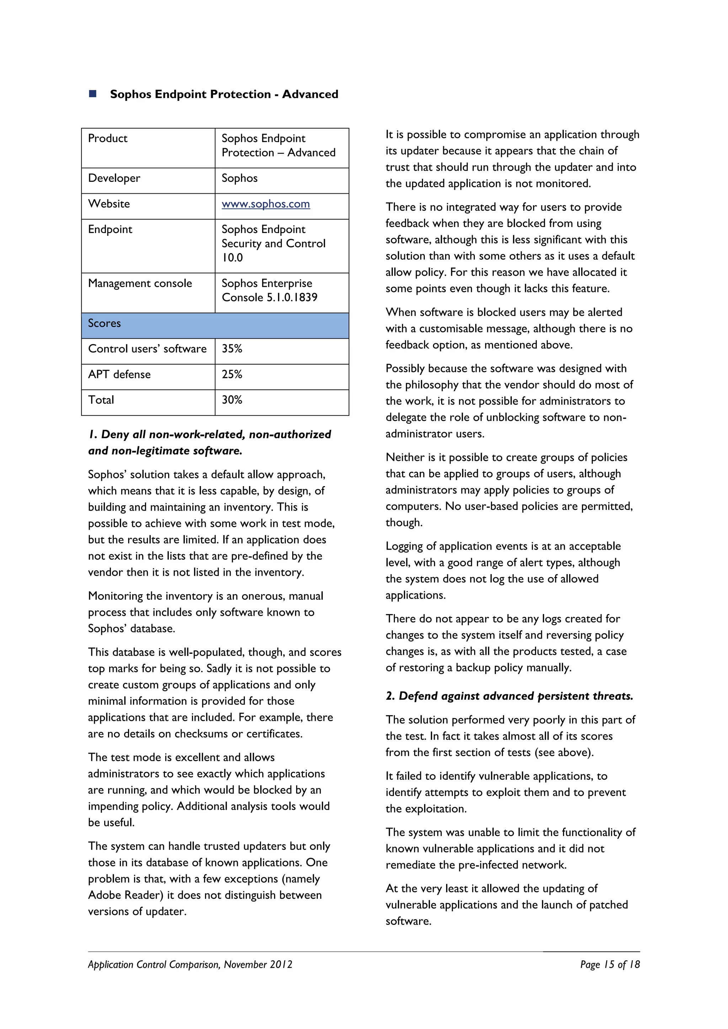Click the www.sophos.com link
point(266,204)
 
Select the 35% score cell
point(232,349)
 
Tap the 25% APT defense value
point(232,374)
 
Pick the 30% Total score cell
point(232,400)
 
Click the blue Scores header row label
point(105,323)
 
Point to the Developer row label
point(114,178)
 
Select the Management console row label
point(140,283)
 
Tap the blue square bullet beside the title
point(93,94)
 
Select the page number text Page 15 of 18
point(610,964)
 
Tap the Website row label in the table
point(109,204)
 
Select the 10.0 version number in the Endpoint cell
point(232,258)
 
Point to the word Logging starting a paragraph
point(404,546)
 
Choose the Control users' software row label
point(147,349)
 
